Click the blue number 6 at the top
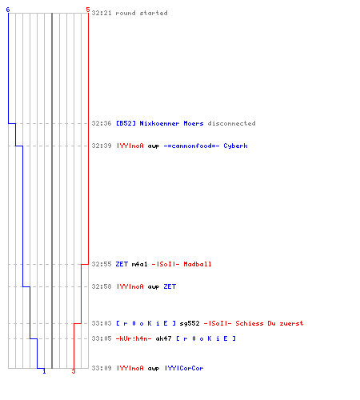click(8, 10)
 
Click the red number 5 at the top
click(88, 10)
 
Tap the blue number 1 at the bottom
click(44, 371)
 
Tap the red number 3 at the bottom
click(74, 371)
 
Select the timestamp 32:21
click(102, 13)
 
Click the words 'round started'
click(142, 13)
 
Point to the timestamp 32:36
click(102, 123)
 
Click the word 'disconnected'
click(231, 123)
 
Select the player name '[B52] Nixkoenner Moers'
click(160, 123)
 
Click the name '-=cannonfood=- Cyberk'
click(206, 146)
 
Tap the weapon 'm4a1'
click(139, 264)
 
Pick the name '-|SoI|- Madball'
click(182, 264)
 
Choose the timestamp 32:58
click(102, 286)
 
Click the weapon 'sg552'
click(190, 323)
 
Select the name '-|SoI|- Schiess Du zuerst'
click(254, 323)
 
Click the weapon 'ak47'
click(163, 338)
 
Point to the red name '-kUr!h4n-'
click(134, 338)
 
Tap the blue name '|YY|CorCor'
click(184, 368)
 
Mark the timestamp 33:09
click(102, 368)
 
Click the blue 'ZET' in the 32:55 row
click(122, 264)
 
